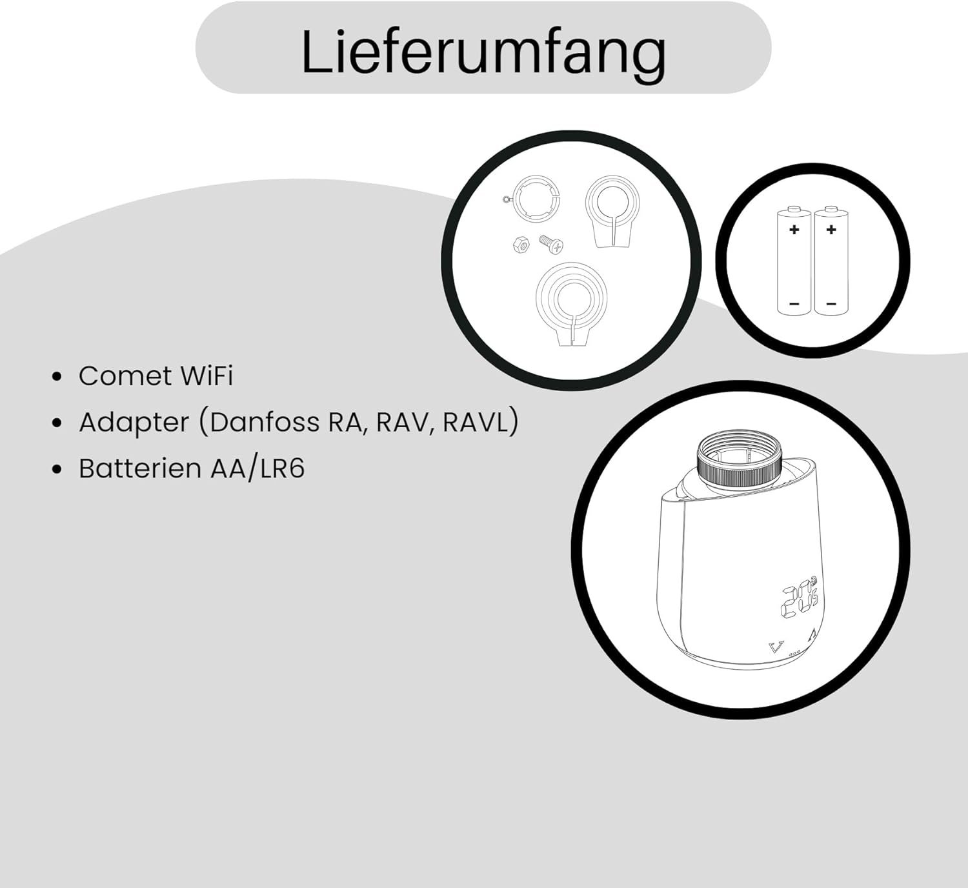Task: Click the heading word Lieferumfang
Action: [483, 52]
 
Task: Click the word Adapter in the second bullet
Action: [134, 423]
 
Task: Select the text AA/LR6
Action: [257, 469]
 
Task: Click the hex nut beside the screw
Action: [521, 245]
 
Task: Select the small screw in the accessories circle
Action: [552, 244]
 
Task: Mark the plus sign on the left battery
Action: [794, 230]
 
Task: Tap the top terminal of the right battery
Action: [831, 210]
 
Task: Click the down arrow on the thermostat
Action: [776, 647]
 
